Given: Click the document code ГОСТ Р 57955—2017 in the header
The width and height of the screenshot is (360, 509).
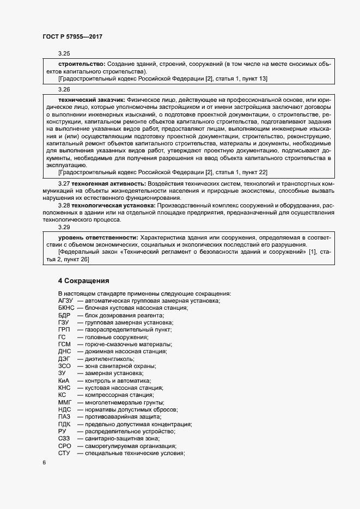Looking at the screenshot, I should pyautogui.click(x=72, y=36).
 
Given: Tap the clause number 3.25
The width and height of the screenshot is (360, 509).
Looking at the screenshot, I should pyautogui.click(x=64, y=54).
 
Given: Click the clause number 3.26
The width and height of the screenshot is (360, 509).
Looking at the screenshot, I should pyautogui.click(x=64, y=89).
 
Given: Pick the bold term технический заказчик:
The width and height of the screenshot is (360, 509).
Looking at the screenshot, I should pyautogui.click(x=91, y=100).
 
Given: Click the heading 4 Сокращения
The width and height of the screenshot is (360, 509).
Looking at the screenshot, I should pyautogui.click(x=84, y=281).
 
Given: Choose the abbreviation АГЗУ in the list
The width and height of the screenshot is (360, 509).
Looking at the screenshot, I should pyautogui.click(x=65, y=301).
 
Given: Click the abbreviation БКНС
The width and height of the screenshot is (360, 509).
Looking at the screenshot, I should pyautogui.click(x=65, y=308).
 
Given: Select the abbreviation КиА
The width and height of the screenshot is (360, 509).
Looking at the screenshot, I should pyautogui.click(x=63, y=381).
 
